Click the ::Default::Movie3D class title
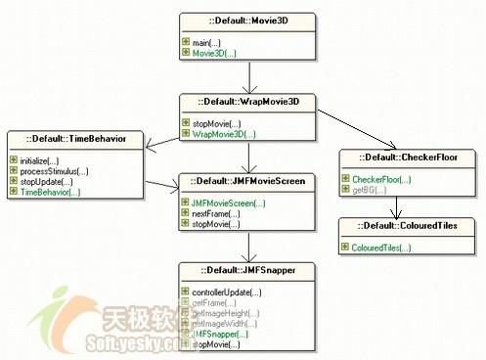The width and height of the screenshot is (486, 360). (x=248, y=20)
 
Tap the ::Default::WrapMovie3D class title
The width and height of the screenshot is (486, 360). (x=247, y=103)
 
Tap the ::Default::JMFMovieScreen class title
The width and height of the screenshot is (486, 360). (x=248, y=181)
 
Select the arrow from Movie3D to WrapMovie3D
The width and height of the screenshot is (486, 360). (x=248, y=75)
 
